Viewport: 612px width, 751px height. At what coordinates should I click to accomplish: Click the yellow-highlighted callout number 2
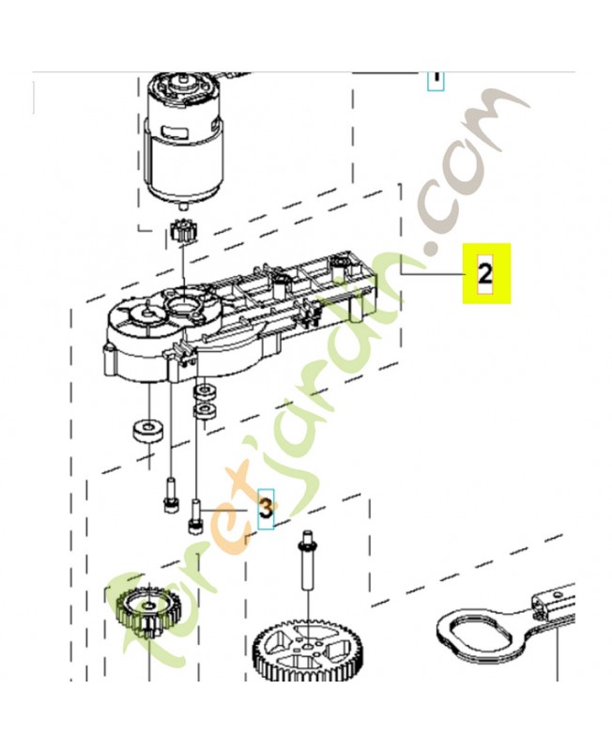point(485,273)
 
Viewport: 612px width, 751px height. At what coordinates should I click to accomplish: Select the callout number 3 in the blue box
point(267,509)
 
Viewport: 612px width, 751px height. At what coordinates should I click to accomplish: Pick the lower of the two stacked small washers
point(203,410)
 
